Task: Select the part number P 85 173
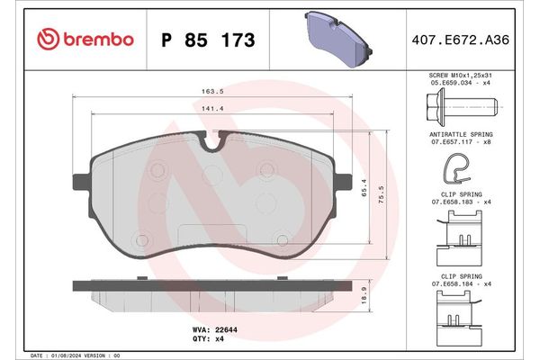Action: point(207,40)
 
